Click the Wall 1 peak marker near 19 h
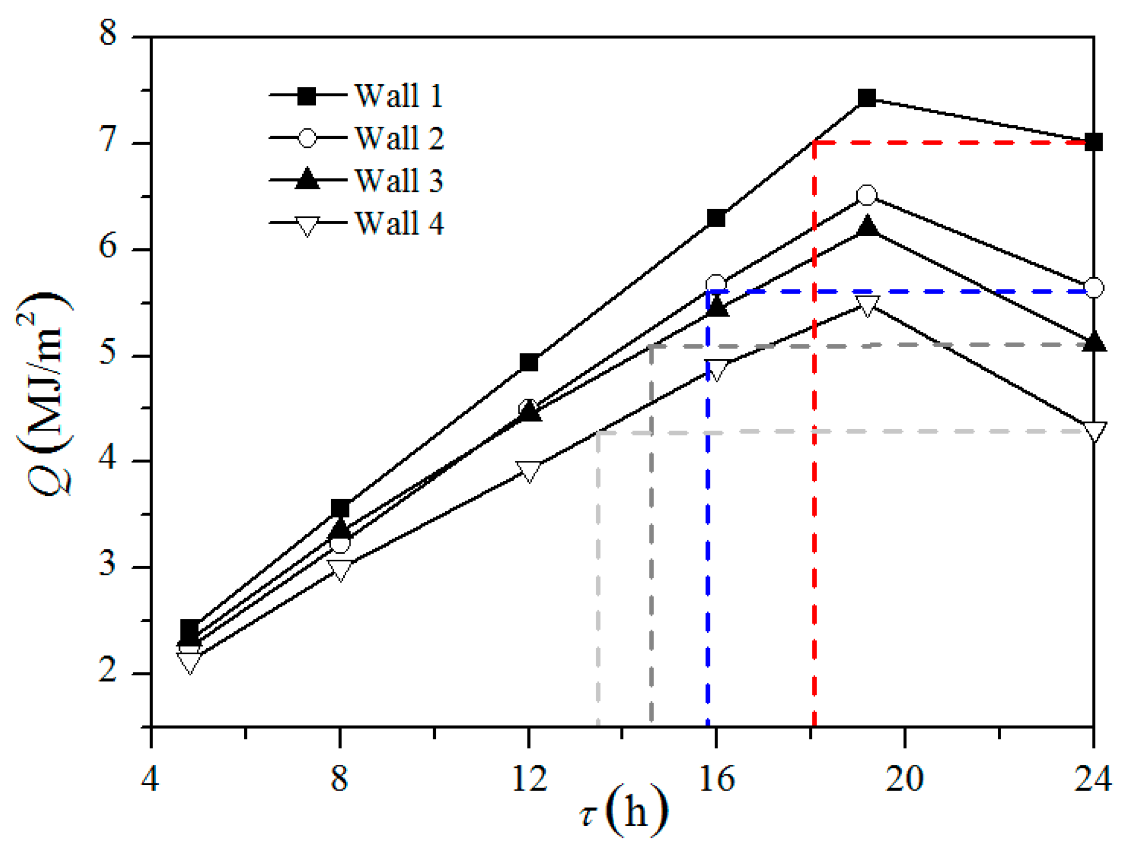click(x=866, y=98)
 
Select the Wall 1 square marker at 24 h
click(x=1094, y=142)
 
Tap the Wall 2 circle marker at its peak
click(x=866, y=196)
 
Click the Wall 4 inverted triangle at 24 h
click(x=1094, y=431)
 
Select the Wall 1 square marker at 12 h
click(x=528, y=362)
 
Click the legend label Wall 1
click(x=398, y=96)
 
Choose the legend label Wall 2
click(x=398, y=138)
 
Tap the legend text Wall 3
click(x=398, y=181)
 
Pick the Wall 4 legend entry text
click(x=398, y=223)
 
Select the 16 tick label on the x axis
click(x=716, y=778)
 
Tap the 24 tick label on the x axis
click(x=1093, y=778)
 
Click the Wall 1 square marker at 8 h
click(x=340, y=509)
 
